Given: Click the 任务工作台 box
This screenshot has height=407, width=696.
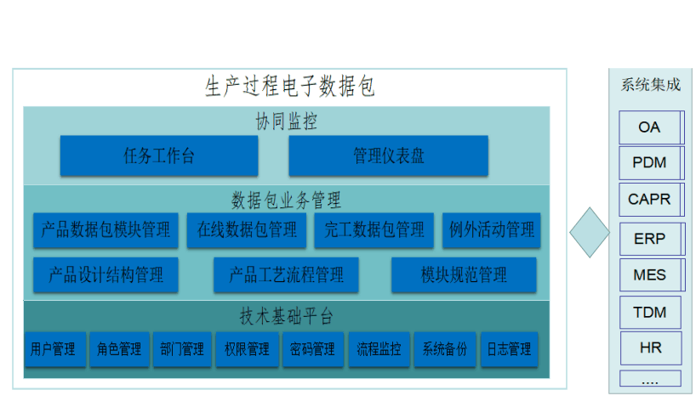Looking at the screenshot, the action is point(159,155).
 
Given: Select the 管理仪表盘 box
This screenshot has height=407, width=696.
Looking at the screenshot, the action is point(388,155).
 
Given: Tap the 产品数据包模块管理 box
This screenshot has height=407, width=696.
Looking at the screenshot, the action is point(106,229).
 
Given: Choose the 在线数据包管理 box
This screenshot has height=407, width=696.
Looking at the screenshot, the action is point(247,229).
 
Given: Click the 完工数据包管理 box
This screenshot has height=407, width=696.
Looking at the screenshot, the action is point(374,229).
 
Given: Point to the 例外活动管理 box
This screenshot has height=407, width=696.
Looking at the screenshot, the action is point(492,229).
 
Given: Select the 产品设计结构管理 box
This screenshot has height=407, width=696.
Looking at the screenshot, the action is point(106,275).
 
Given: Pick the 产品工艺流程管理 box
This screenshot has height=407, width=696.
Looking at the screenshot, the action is point(286,275).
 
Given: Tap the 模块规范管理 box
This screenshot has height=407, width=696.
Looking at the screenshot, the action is point(464,275).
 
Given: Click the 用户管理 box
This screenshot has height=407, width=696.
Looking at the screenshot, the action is point(55,349).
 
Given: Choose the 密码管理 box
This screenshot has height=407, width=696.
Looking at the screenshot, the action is point(313,349).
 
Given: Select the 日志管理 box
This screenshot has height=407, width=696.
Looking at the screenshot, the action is point(510,349).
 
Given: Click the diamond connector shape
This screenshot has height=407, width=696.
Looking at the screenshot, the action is point(590,232).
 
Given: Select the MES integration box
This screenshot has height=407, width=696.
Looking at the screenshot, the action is point(652,275).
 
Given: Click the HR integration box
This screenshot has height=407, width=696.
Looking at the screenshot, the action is point(651,348).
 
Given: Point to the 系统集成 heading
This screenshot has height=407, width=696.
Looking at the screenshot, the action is point(650,85).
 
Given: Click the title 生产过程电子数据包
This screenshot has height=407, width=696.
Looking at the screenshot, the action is point(290,86).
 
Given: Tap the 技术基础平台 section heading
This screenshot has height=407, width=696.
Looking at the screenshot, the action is point(286,317).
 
